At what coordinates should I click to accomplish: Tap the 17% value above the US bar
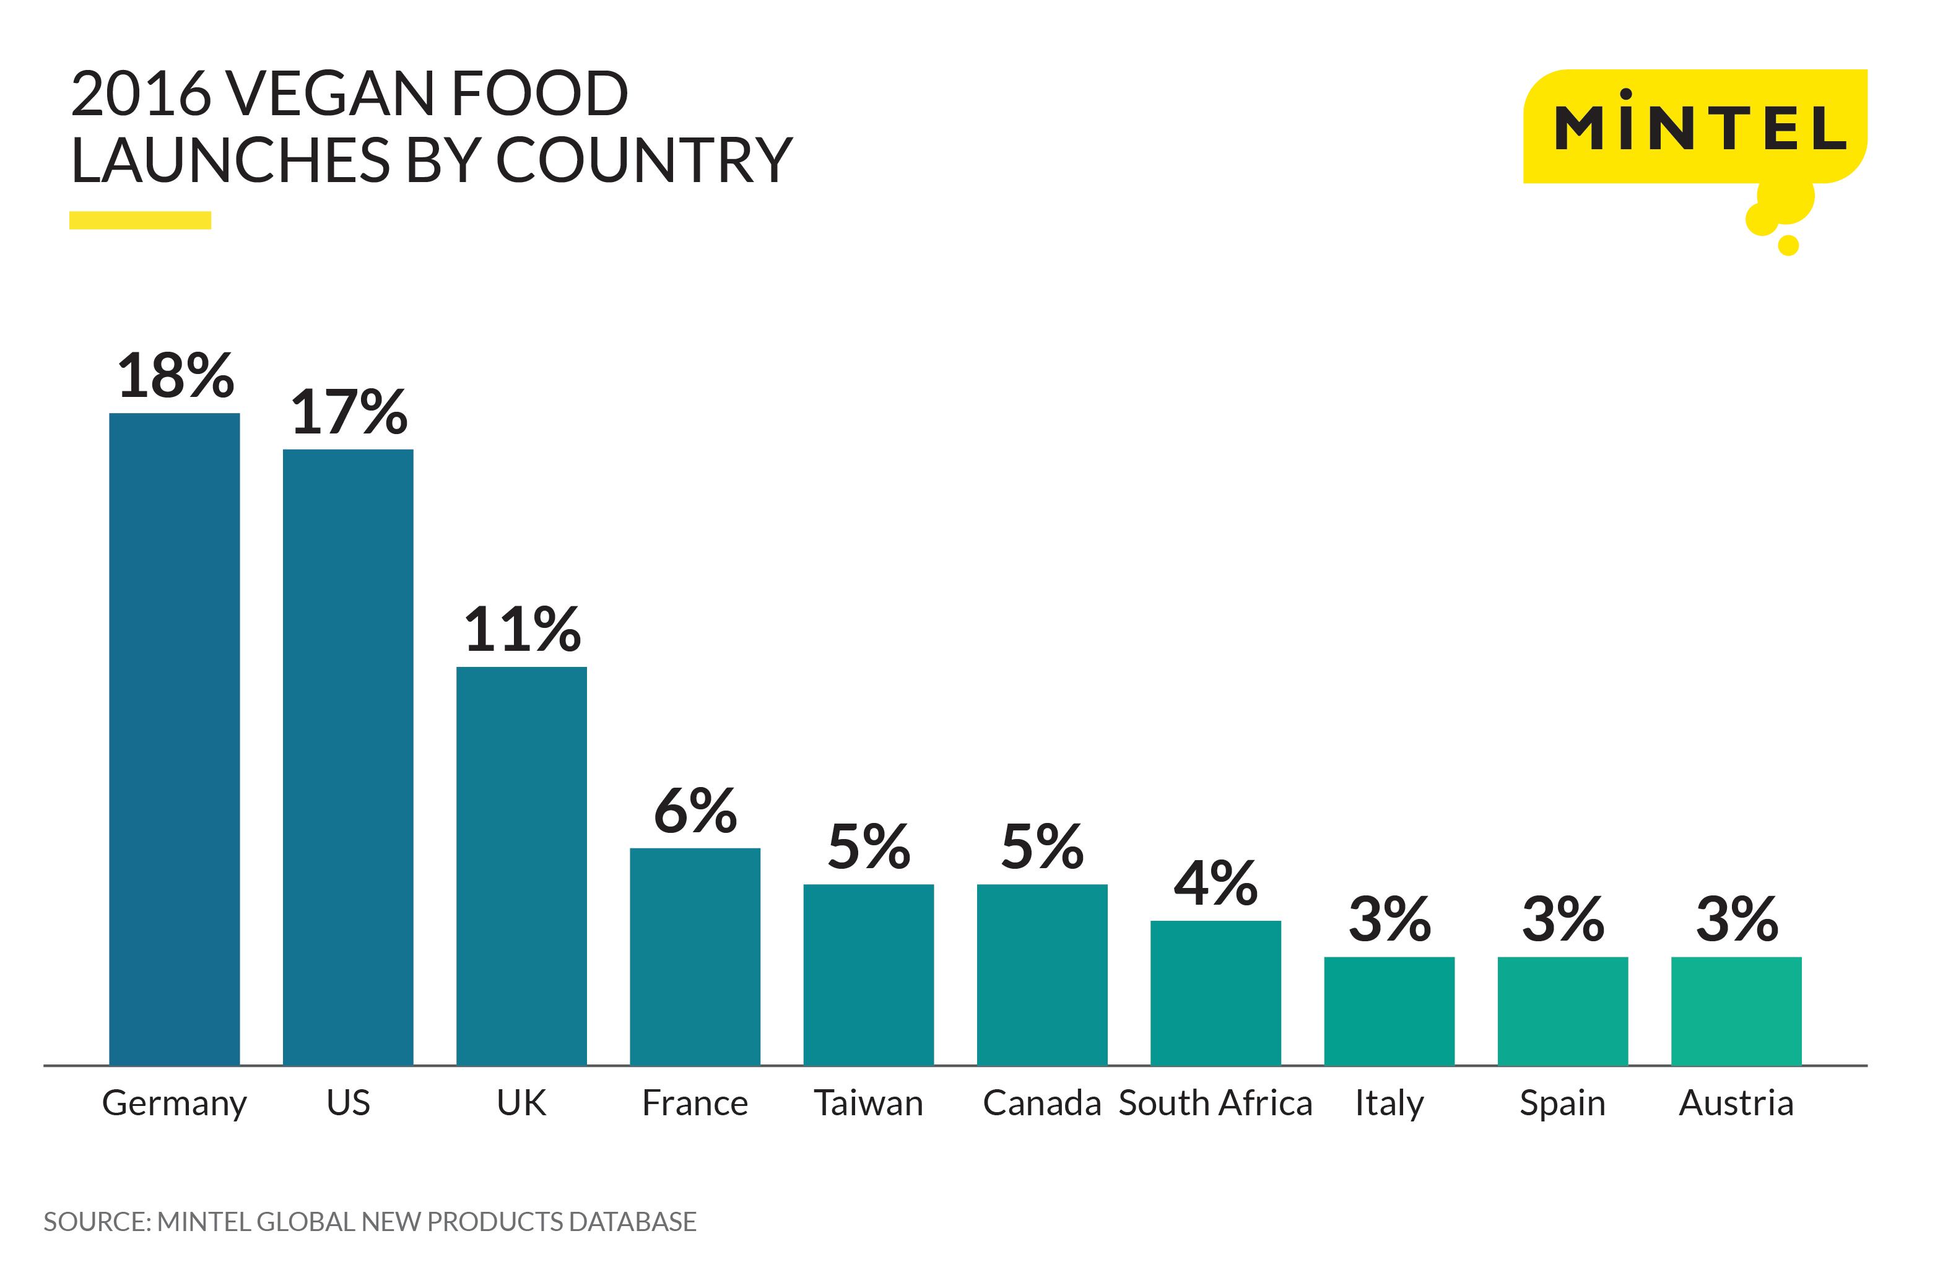coord(349,412)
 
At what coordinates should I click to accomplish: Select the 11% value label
coord(522,630)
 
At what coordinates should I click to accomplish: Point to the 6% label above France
coord(695,812)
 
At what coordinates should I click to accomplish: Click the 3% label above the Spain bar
coord(1563,920)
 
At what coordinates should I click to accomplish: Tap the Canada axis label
coord(1041,1103)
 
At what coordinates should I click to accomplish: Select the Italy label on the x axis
coord(1389,1103)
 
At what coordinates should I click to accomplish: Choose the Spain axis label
coord(1563,1103)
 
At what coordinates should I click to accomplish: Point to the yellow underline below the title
coord(140,220)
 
